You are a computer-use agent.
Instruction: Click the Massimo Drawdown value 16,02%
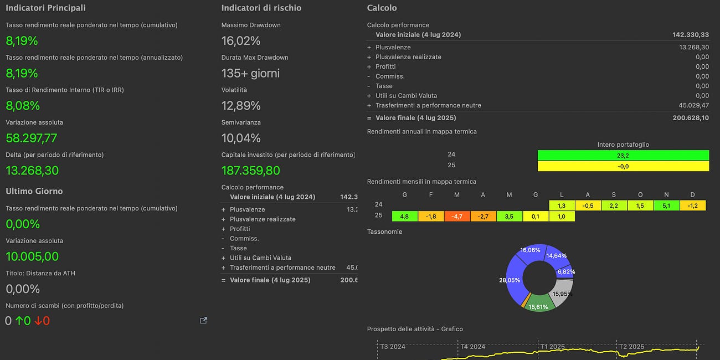pyautogui.click(x=241, y=41)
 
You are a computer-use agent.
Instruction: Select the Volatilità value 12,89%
pyautogui.click(x=241, y=106)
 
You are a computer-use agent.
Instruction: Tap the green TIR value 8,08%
pyautogui.click(x=23, y=106)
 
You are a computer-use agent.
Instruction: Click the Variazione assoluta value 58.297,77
pyautogui.click(x=32, y=138)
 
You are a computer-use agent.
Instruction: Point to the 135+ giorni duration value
pyautogui.click(x=250, y=73)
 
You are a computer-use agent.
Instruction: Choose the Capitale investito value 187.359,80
pyautogui.click(x=251, y=171)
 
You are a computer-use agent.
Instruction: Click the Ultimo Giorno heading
pyautogui.click(x=34, y=191)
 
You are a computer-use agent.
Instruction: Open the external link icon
pyautogui.click(x=204, y=321)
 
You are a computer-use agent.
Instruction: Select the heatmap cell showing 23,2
pyautogui.click(x=623, y=156)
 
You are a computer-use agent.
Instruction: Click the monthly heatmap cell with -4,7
pyautogui.click(x=457, y=216)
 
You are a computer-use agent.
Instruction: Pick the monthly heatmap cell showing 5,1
pyautogui.click(x=667, y=205)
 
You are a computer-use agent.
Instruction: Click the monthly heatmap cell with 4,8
pyautogui.click(x=404, y=216)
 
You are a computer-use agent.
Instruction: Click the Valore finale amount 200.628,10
pyautogui.click(x=691, y=118)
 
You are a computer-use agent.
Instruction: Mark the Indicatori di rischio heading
pyautogui.click(x=261, y=8)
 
